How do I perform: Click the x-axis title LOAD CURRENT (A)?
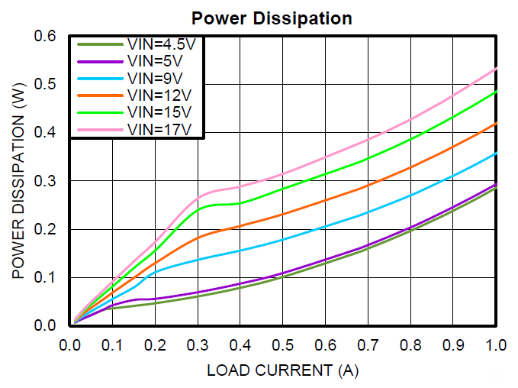[x=282, y=371]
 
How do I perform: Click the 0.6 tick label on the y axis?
[x=47, y=36]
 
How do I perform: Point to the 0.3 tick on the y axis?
[x=47, y=180]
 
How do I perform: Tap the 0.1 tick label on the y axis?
[x=47, y=277]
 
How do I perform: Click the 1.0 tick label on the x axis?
[x=496, y=345]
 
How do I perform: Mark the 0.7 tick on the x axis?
[x=368, y=345]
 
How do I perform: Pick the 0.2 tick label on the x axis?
[x=155, y=345]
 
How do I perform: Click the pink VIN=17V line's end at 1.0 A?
[x=497, y=68]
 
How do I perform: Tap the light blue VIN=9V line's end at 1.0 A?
[x=497, y=154]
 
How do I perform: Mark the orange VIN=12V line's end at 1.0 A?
[x=497, y=123]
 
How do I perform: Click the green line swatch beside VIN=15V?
[x=99, y=112]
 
